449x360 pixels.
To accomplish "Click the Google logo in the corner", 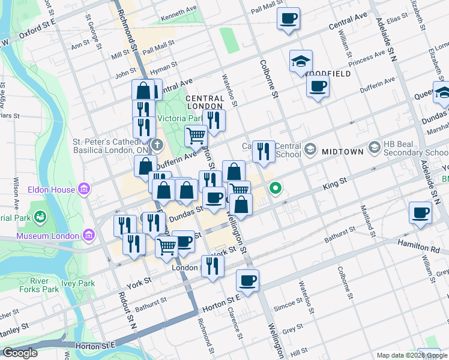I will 20,353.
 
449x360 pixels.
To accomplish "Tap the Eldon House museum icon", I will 83,190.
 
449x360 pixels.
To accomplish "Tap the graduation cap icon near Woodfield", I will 301,61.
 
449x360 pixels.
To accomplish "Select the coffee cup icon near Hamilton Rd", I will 420,212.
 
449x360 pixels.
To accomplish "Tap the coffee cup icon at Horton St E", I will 247,280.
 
